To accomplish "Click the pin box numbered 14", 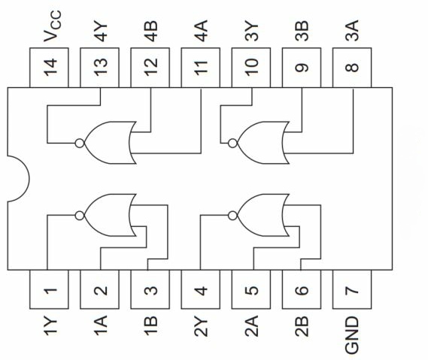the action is coord(49,68).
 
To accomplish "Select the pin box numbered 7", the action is coord(352,289).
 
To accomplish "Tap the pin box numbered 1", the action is coord(49,289).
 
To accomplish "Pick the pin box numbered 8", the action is coord(352,68).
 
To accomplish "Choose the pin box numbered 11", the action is coord(201,68).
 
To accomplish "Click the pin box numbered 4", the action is coord(201,289).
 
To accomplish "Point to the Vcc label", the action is coord(53,26).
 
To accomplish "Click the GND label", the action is coord(351,335).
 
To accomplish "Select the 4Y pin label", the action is coord(101,32).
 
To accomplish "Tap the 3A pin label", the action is coord(351,31).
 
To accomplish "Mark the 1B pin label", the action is coord(150,325).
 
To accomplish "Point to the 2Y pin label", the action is coord(201,326).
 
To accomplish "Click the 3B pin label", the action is coord(302,31).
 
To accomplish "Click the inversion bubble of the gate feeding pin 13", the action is coord(80,144).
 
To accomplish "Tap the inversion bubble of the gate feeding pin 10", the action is coord(232,144).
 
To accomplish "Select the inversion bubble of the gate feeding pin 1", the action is coord(80,216).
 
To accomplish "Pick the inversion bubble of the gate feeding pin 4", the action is coord(232,216).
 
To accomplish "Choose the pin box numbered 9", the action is coord(302,68).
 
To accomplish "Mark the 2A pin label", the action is coord(251,326).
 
